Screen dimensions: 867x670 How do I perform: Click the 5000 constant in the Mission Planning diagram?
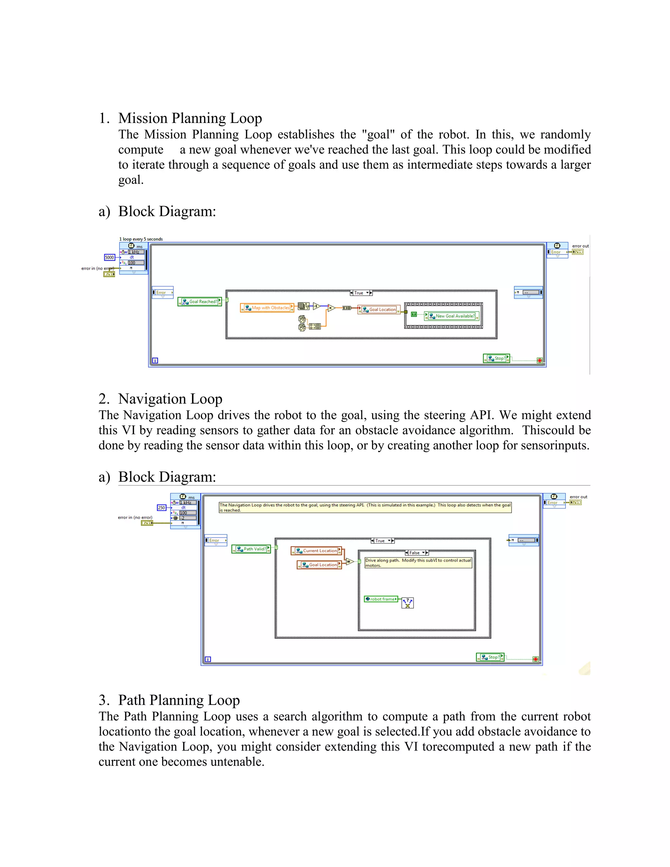point(109,257)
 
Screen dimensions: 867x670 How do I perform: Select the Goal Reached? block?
point(200,302)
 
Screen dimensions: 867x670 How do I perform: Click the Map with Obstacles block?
point(267,308)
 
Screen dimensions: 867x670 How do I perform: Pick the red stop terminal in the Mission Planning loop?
point(539,361)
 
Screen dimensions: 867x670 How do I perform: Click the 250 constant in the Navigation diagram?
point(161,508)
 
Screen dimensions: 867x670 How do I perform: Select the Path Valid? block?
point(251,549)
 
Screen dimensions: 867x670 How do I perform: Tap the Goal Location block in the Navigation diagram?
point(320,564)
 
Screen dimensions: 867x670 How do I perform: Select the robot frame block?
point(381,599)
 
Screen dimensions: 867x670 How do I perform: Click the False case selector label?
point(415,553)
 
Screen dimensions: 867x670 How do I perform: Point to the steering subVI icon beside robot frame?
point(408,603)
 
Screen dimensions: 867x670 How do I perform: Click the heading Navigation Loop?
point(170,398)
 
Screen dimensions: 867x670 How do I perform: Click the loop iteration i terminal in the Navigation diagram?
point(208,659)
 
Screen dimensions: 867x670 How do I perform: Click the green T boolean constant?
point(414,314)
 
